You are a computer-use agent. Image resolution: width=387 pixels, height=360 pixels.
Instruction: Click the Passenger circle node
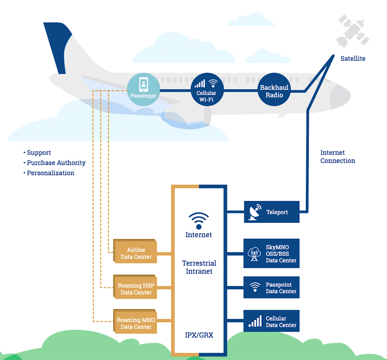tap(143, 90)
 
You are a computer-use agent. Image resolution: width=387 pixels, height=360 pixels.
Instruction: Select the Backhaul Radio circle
tap(274, 91)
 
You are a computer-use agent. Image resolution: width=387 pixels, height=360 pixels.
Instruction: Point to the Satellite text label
tap(353, 59)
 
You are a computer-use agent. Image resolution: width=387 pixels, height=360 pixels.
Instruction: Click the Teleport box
tap(271, 212)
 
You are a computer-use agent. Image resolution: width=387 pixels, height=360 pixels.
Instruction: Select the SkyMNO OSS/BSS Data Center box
tap(271, 253)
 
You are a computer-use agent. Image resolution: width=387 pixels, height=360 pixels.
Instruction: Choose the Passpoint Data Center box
tap(271, 287)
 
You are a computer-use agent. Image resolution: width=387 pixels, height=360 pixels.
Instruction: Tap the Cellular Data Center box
tap(271, 321)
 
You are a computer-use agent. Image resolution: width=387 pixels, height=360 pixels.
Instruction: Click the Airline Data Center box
tap(136, 253)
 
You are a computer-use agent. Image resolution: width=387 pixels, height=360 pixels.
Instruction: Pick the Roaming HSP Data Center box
tap(136, 289)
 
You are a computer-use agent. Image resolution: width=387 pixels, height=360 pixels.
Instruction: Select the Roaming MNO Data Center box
tap(136, 323)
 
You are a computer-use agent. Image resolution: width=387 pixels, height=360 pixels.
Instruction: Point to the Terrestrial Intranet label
tap(199, 267)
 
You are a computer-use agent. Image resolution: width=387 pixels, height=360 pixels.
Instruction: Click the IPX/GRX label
tap(199, 335)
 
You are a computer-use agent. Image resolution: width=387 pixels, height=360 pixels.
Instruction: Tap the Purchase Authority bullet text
tap(56, 163)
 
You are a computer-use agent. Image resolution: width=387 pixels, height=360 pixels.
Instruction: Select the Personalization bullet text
tap(50, 173)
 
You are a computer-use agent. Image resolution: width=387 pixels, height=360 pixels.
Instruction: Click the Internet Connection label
tap(337, 157)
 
